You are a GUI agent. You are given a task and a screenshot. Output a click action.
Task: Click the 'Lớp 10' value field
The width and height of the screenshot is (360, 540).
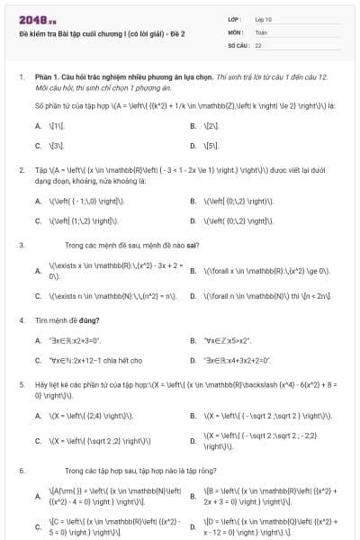coord(264,18)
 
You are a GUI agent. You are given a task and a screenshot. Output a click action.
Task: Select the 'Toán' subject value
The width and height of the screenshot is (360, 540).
coord(261,31)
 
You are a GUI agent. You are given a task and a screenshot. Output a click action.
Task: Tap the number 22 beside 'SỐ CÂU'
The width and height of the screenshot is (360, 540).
coord(258,44)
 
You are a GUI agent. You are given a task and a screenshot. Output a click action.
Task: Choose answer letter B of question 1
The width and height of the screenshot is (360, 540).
coord(193,127)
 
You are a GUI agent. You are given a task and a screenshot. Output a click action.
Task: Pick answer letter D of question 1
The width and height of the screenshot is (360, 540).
coord(193,145)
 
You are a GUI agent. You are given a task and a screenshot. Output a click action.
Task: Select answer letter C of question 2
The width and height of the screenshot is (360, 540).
coord(38,220)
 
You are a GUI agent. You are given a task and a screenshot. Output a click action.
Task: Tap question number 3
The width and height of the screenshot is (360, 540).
coord(21,245)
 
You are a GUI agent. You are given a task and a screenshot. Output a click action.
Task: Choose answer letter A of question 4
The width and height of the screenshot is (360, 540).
coord(38,341)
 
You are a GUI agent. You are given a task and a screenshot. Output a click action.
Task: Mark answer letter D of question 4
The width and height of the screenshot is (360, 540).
coord(193,360)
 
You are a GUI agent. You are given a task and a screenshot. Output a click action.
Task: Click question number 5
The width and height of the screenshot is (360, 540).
coord(21,383)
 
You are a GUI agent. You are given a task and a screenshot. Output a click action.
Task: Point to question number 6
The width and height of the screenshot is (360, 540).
coord(21,471)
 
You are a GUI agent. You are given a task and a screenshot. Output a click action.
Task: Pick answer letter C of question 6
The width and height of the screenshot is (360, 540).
coord(38,526)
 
